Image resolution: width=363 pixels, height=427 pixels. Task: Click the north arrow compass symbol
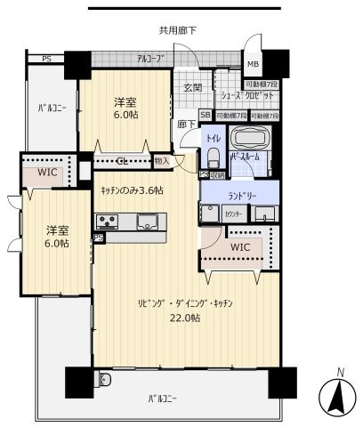tap(335, 393)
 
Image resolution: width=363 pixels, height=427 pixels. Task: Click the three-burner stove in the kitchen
tap(109, 222)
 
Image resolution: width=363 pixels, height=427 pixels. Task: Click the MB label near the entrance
tap(254, 64)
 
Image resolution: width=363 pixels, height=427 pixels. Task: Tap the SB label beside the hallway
tap(206, 116)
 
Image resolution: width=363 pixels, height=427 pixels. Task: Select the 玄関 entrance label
tap(193, 87)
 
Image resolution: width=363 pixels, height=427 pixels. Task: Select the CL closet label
tap(121, 162)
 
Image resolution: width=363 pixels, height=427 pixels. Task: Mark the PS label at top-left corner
tap(45, 60)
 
